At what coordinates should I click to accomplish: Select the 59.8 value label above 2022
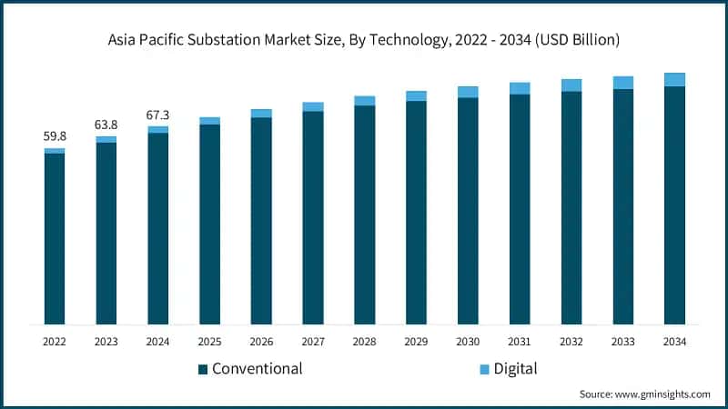point(55,136)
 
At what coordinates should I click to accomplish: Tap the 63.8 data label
point(106,125)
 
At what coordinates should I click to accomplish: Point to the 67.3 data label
point(158,115)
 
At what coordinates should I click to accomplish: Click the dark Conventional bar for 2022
point(55,238)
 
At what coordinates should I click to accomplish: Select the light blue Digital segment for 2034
point(674,80)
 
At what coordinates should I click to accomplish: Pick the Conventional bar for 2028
point(365,214)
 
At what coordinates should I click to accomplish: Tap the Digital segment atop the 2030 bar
point(468,92)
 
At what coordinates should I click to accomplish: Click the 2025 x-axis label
point(209,341)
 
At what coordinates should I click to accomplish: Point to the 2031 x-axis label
point(520,341)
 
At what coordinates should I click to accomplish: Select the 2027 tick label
point(313,341)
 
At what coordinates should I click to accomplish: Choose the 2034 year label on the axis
point(674,341)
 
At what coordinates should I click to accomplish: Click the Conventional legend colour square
point(203,369)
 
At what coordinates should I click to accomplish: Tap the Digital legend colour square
point(485,369)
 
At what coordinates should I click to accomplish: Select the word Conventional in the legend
point(257,369)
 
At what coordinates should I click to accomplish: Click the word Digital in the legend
point(516,369)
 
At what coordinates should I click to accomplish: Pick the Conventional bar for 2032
point(571,207)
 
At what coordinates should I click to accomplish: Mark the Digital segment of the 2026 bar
point(261,114)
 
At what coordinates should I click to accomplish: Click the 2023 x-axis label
point(106,341)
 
